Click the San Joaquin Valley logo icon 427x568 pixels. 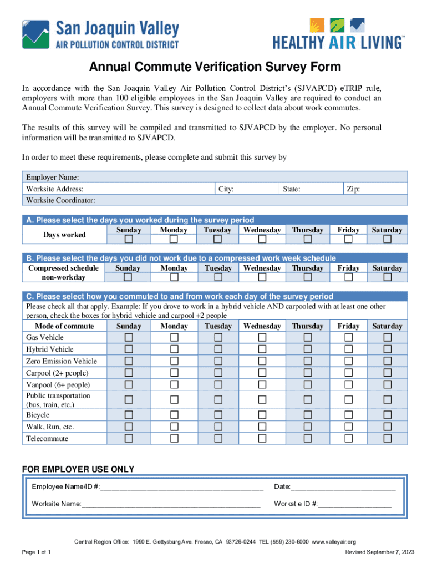(34, 34)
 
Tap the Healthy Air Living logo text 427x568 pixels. (338, 42)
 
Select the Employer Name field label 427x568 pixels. (52, 177)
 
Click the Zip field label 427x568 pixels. (353, 189)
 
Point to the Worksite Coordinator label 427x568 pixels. (60, 200)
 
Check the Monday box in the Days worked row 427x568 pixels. (174, 239)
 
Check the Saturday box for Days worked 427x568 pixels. (388, 239)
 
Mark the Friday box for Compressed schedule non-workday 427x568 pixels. (348, 277)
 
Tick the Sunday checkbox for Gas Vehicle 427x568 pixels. (129, 338)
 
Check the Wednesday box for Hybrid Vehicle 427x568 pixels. (262, 349)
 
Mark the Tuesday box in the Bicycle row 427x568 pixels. (217, 415)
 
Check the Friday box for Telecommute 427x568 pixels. (348, 439)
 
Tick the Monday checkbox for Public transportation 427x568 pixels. (174, 400)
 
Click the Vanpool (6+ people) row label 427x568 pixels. (58, 385)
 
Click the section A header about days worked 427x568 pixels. (140, 220)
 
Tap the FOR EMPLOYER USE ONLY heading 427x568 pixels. (78, 470)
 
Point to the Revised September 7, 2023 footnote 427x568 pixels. (379, 552)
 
